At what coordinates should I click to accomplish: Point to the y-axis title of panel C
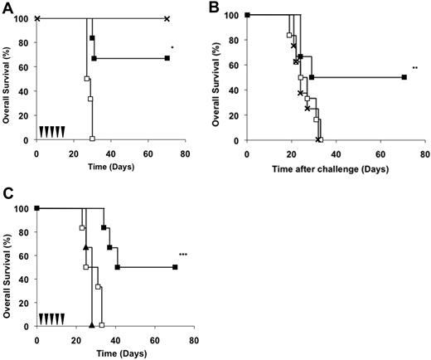7,267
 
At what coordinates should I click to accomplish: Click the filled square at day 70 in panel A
167,58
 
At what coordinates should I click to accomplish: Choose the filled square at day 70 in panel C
174,267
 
